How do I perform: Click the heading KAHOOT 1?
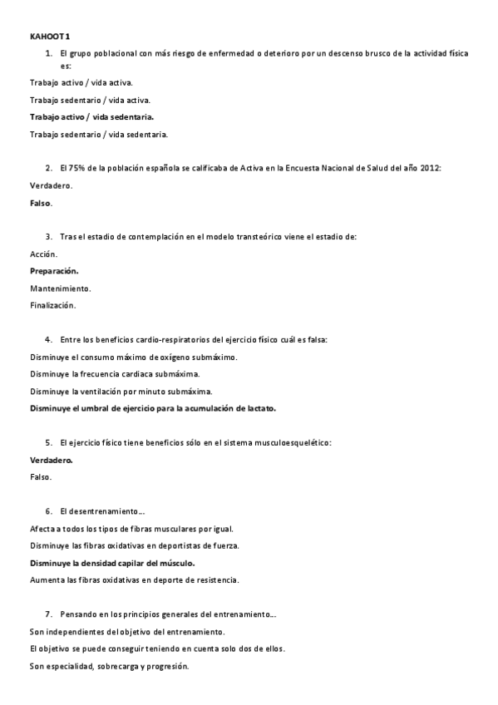tap(50, 37)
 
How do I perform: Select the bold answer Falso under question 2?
tap(41, 203)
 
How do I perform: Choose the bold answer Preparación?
tap(54, 271)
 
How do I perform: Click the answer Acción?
tap(43, 254)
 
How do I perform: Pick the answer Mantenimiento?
tap(61, 288)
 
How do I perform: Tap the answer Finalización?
tap(53, 305)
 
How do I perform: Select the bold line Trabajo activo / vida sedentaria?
tap(91, 116)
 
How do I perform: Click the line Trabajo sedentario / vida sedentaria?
tap(99, 134)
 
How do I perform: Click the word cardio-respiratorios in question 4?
tap(171, 339)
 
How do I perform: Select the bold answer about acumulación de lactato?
tap(153, 408)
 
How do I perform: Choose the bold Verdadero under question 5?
tap(52, 460)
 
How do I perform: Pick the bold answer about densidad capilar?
tap(112, 563)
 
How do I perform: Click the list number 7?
tap(49, 614)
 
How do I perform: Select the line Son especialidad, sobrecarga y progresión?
tap(110, 666)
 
